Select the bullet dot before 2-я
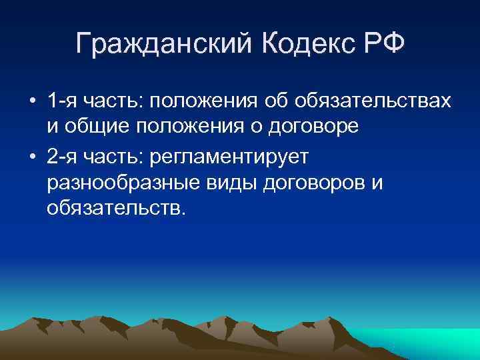pyautogui.click(x=32, y=157)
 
